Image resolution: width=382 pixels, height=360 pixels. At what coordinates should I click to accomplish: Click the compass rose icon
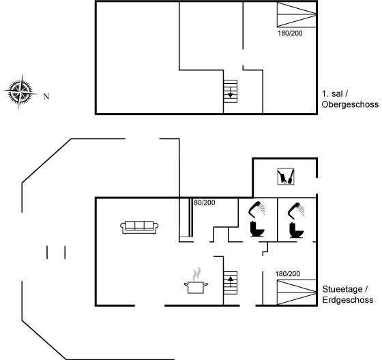(21, 92)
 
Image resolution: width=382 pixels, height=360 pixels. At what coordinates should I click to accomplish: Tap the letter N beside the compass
(46, 97)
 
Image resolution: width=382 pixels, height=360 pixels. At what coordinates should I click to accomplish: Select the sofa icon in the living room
(139, 228)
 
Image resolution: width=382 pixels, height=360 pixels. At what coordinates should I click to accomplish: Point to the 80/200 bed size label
(205, 202)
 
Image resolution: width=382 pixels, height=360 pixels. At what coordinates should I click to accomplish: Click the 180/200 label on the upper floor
(290, 33)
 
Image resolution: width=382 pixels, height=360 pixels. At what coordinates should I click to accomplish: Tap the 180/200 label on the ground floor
(287, 274)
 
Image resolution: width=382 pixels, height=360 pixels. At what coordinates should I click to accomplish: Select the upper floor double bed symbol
(297, 14)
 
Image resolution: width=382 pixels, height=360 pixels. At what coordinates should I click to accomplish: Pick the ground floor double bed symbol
(297, 292)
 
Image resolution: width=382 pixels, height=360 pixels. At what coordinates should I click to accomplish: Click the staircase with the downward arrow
(231, 91)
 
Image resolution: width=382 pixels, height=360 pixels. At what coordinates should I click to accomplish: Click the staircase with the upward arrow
(231, 283)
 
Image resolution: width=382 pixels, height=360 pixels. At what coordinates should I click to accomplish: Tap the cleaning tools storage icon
(286, 177)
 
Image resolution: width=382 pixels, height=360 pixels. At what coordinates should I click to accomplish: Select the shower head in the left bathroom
(256, 209)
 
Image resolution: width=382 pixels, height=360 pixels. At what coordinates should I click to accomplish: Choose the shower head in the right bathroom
(296, 210)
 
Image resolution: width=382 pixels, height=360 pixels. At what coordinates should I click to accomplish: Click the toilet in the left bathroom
(257, 229)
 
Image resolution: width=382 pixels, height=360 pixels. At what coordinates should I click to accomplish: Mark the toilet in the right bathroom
(296, 230)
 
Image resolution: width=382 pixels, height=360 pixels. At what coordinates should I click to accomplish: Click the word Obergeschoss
(350, 104)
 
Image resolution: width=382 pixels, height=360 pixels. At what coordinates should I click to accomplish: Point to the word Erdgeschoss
(348, 300)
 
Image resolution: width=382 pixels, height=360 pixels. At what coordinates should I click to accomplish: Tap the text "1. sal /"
(335, 94)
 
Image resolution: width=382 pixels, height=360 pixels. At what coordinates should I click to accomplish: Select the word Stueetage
(342, 289)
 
